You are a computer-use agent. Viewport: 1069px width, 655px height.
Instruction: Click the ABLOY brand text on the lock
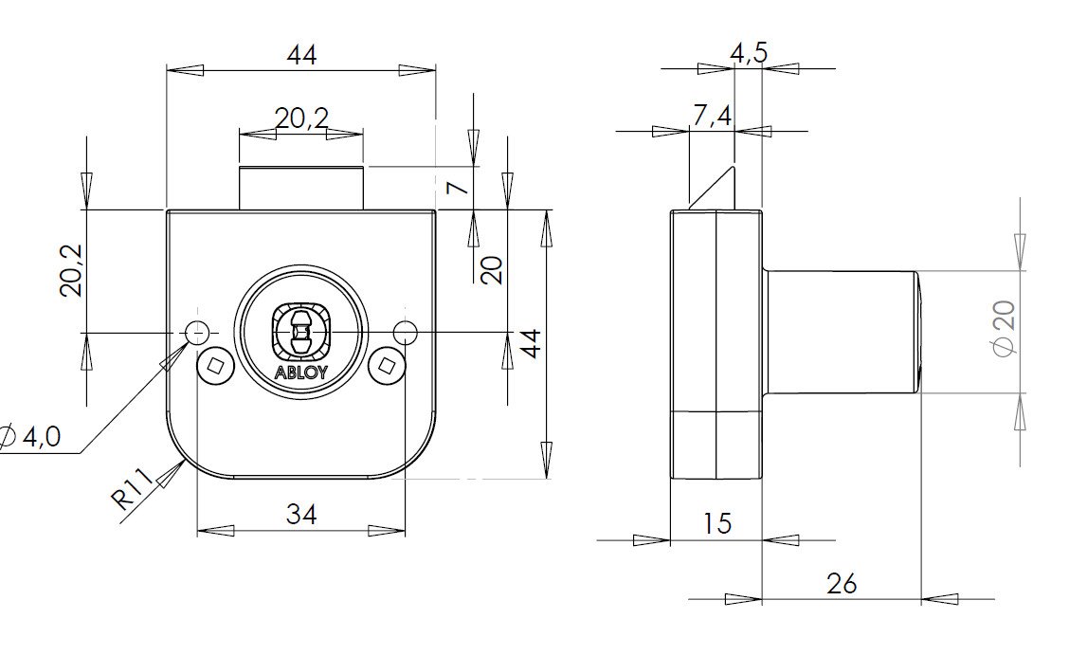[x=301, y=373]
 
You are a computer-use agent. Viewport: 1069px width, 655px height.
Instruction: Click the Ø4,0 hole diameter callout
[x=32, y=436]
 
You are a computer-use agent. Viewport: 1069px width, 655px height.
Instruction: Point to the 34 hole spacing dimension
[x=301, y=514]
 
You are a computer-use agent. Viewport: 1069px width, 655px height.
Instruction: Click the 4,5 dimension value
[x=749, y=54]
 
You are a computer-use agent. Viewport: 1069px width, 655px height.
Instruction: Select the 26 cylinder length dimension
[x=841, y=583]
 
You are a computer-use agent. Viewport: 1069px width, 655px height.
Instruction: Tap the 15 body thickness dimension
[x=717, y=523]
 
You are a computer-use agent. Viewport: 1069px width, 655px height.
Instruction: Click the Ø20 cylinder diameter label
[x=1004, y=329]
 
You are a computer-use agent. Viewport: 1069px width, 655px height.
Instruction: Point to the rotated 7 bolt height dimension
[x=458, y=188]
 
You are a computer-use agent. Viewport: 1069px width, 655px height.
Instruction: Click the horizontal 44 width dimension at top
[x=301, y=55]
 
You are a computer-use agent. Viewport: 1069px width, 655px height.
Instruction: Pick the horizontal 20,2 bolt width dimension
[x=301, y=118]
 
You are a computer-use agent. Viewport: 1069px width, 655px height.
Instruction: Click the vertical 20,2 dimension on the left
[x=72, y=270]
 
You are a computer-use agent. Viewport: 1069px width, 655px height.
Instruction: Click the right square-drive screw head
[x=385, y=366]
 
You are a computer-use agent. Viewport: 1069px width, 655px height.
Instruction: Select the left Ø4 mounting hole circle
[x=196, y=333]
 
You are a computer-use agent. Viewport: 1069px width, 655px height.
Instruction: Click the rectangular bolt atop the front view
[x=301, y=188]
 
